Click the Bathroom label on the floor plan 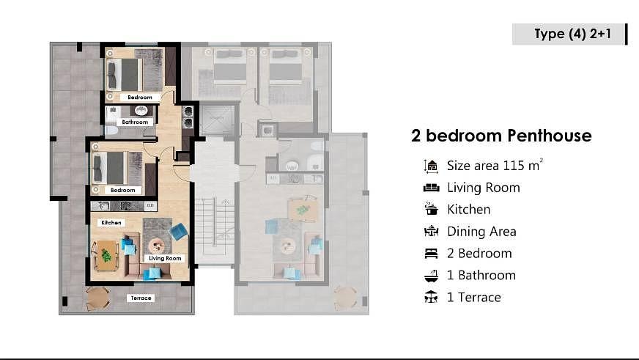[135, 122]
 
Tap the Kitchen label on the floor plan [111, 223]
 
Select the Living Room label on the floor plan [165, 258]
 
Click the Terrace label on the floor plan [141, 298]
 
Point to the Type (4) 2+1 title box [569, 34]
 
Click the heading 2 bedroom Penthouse [501, 136]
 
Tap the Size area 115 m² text [495, 165]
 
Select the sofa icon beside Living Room [431, 188]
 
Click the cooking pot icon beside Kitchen [431, 209]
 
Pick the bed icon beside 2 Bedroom [431, 253]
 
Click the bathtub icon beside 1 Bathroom [431, 276]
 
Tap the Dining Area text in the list [481, 232]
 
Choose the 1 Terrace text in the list [473, 297]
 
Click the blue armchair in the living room [178, 232]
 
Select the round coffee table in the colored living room [157, 246]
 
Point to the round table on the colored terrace [97, 298]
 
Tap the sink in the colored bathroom [141, 111]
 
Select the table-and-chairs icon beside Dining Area [431, 231]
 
